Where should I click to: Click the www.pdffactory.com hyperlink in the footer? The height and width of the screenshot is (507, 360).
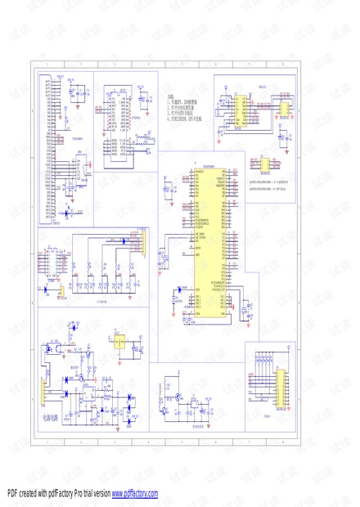(135, 494)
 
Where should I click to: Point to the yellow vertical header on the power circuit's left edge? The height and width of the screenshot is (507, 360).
(43, 392)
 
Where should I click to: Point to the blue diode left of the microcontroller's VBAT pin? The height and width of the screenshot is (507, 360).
(181, 290)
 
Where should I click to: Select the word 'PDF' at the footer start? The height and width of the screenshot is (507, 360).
(12, 494)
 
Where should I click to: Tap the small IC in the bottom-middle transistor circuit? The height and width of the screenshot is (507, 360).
(195, 404)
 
